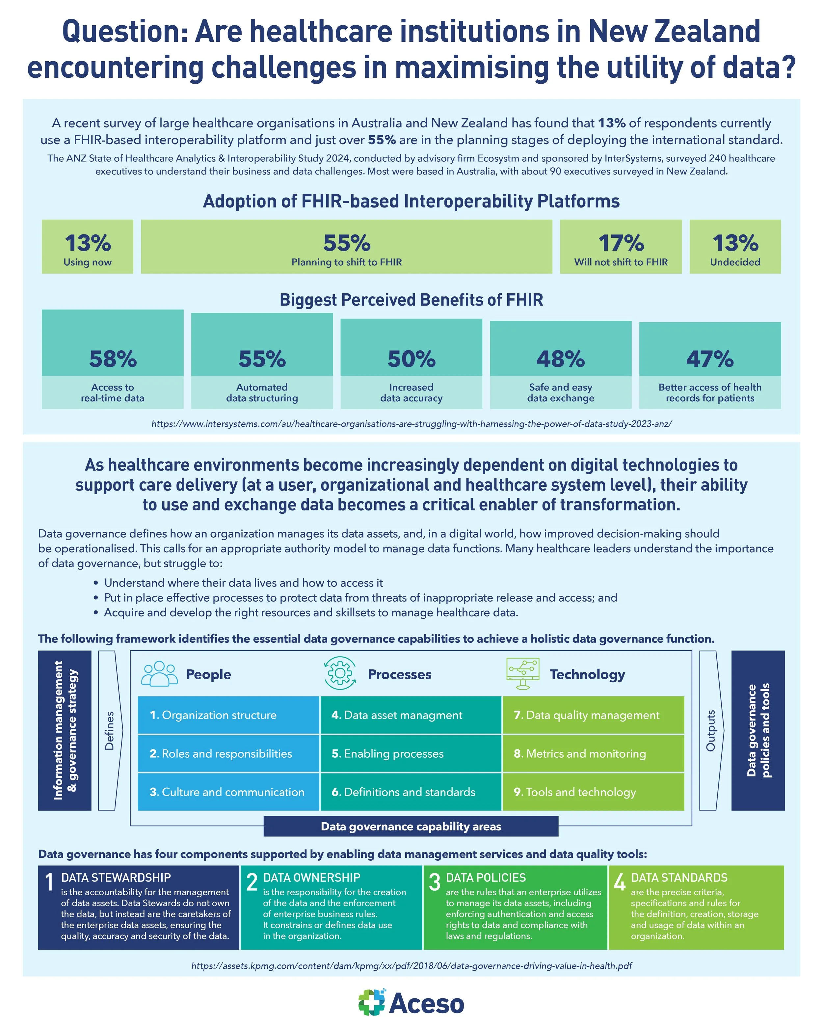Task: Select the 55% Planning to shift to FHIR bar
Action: (346, 247)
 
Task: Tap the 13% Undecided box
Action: (735, 247)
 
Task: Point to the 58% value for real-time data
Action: (113, 359)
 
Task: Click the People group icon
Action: (159, 674)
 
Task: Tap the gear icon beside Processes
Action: (340, 673)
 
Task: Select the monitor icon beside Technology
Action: (523, 673)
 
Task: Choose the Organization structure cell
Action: (228, 715)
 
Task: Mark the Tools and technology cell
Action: (593, 792)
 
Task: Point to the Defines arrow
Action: (110, 730)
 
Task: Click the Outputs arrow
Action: (711, 730)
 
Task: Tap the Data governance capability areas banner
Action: (411, 826)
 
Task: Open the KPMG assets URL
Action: (411, 965)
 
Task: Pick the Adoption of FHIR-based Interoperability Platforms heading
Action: (411, 202)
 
